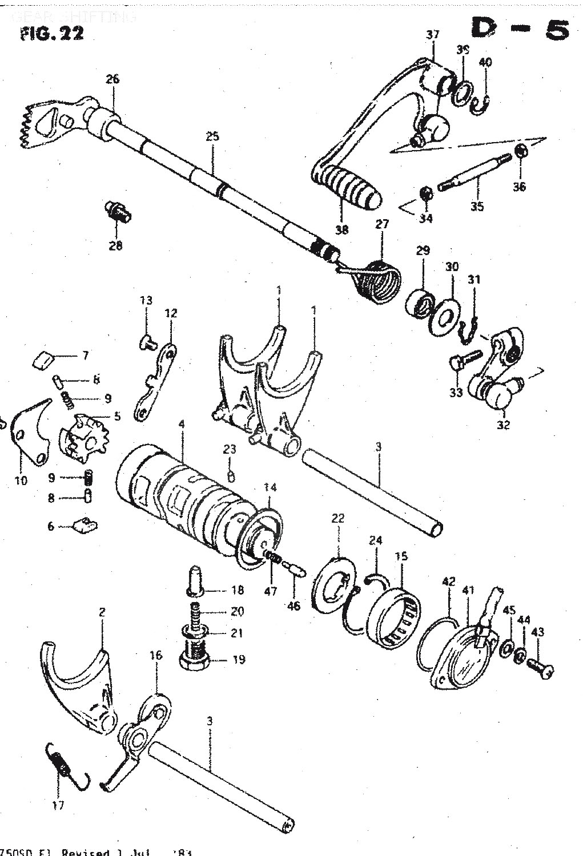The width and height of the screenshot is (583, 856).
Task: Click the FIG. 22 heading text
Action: [x=51, y=33]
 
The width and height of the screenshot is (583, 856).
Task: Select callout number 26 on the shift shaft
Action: [x=113, y=79]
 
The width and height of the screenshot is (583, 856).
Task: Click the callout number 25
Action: [x=212, y=136]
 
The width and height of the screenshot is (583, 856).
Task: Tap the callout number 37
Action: [x=433, y=35]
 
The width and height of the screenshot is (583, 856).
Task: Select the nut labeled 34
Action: [x=425, y=193]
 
